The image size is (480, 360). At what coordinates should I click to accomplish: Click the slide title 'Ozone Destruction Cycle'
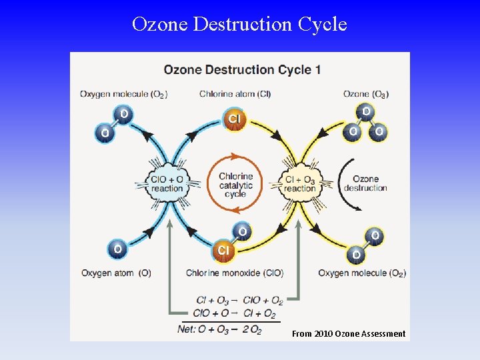click(239, 24)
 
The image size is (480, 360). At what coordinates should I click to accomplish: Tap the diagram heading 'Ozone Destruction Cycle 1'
click(242, 69)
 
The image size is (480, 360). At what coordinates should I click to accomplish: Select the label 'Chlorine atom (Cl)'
click(235, 94)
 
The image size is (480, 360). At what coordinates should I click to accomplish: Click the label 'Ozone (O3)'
click(366, 94)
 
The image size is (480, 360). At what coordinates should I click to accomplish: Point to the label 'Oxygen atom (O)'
click(116, 273)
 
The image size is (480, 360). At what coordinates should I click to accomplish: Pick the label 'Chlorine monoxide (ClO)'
click(234, 273)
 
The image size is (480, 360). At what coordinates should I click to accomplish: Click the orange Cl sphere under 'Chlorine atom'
click(235, 119)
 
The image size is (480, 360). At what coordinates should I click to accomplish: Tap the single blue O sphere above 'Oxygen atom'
click(117, 249)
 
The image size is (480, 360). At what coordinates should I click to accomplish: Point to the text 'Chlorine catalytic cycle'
click(235, 185)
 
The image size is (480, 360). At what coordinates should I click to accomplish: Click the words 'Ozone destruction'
click(365, 183)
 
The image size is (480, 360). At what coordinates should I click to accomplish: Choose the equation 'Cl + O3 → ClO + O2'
click(239, 301)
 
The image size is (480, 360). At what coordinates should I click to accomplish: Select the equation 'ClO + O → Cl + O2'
click(234, 313)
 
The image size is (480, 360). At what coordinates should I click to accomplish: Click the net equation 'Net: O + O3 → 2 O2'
click(220, 329)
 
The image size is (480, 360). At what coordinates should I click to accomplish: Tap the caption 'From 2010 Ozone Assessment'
click(349, 333)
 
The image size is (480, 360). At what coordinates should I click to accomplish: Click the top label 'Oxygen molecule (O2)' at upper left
click(123, 94)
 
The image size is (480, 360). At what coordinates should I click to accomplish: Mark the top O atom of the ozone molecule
click(365, 111)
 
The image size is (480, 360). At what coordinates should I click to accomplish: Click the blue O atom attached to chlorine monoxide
click(242, 232)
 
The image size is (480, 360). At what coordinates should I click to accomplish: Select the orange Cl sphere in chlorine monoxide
click(223, 250)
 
